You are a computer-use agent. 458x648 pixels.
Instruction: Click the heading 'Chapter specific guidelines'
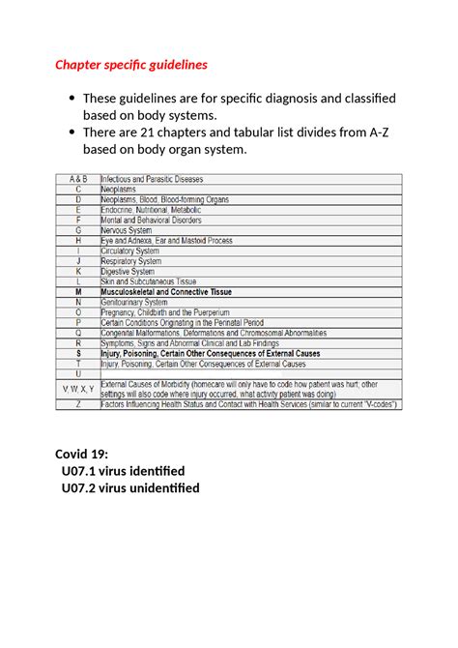(130, 65)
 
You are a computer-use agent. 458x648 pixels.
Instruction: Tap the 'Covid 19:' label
(81, 454)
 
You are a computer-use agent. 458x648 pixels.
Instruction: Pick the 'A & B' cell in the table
(78, 179)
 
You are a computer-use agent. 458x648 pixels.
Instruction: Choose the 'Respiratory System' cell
(132, 261)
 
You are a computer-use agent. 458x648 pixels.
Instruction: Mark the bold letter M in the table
(78, 291)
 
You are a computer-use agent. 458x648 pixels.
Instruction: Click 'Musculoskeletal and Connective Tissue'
(174, 291)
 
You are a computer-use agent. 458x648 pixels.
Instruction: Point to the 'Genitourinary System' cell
(134, 302)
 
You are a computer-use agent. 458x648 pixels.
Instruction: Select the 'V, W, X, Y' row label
(78, 389)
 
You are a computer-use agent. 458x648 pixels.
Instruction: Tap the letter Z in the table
(78, 404)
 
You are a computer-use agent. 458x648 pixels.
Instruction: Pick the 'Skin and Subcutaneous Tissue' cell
(149, 281)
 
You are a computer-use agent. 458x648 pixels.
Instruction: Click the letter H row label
(78, 240)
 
